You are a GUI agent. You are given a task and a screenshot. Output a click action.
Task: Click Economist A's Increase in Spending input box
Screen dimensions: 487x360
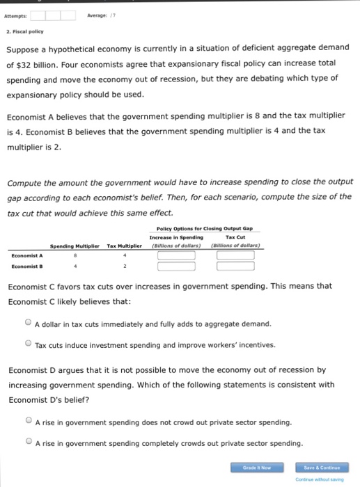pyautogui.click(x=175, y=255)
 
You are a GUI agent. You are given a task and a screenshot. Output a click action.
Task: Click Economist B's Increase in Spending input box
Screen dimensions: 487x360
pyautogui.click(x=175, y=265)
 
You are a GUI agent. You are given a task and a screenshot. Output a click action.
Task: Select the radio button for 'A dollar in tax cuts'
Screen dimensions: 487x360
pyautogui.click(x=27, y=324)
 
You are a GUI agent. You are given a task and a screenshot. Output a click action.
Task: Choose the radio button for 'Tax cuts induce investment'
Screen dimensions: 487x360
pyautogui.click(x=27, y=344)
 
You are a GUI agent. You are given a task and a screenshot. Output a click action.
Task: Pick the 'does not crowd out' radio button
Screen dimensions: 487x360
pyautogui.click(x=27, y=422)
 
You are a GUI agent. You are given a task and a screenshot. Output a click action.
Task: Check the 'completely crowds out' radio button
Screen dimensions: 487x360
pyautogui.click(x=27, y=442)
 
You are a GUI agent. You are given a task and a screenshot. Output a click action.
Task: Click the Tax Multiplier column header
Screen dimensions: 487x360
pyautogui.click(x=125, y=246)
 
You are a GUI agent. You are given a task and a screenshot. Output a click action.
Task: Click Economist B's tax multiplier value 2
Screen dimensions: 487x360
pyautogui.click(x=125, y=265)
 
